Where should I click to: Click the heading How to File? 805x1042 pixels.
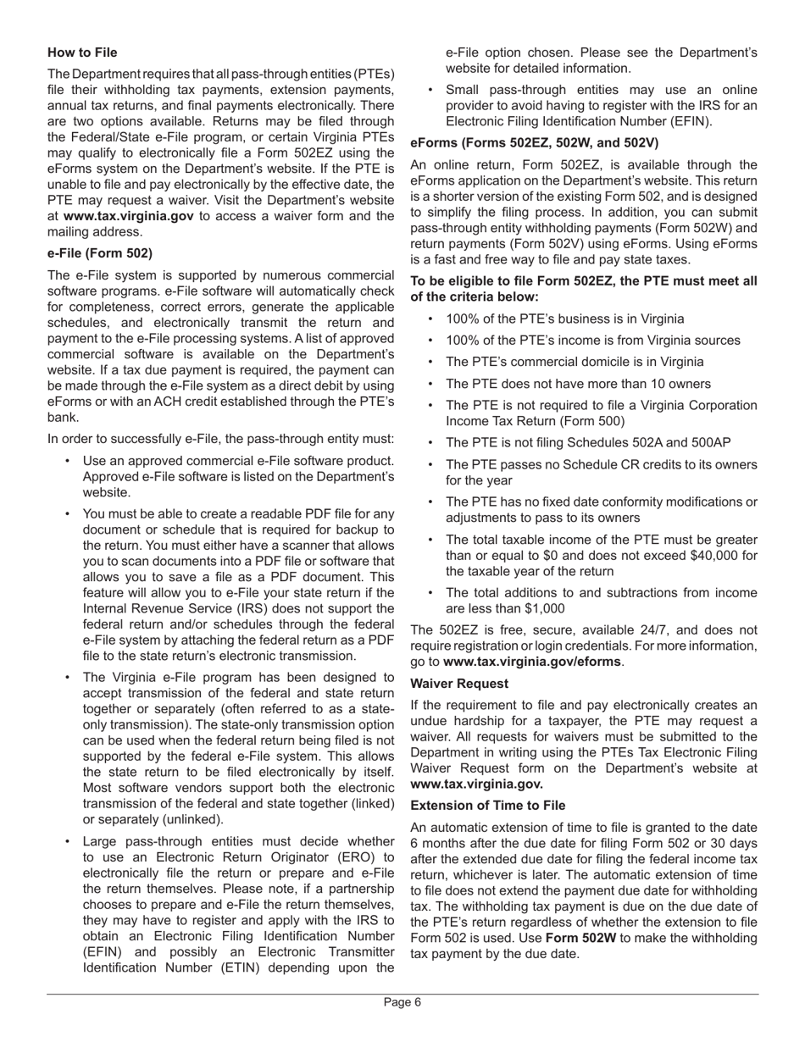pos(82,53)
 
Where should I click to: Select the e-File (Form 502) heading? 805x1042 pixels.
pos(100,253)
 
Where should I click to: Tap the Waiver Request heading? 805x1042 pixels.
pos(459,684)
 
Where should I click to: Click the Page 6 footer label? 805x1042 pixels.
pos(402,1003)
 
